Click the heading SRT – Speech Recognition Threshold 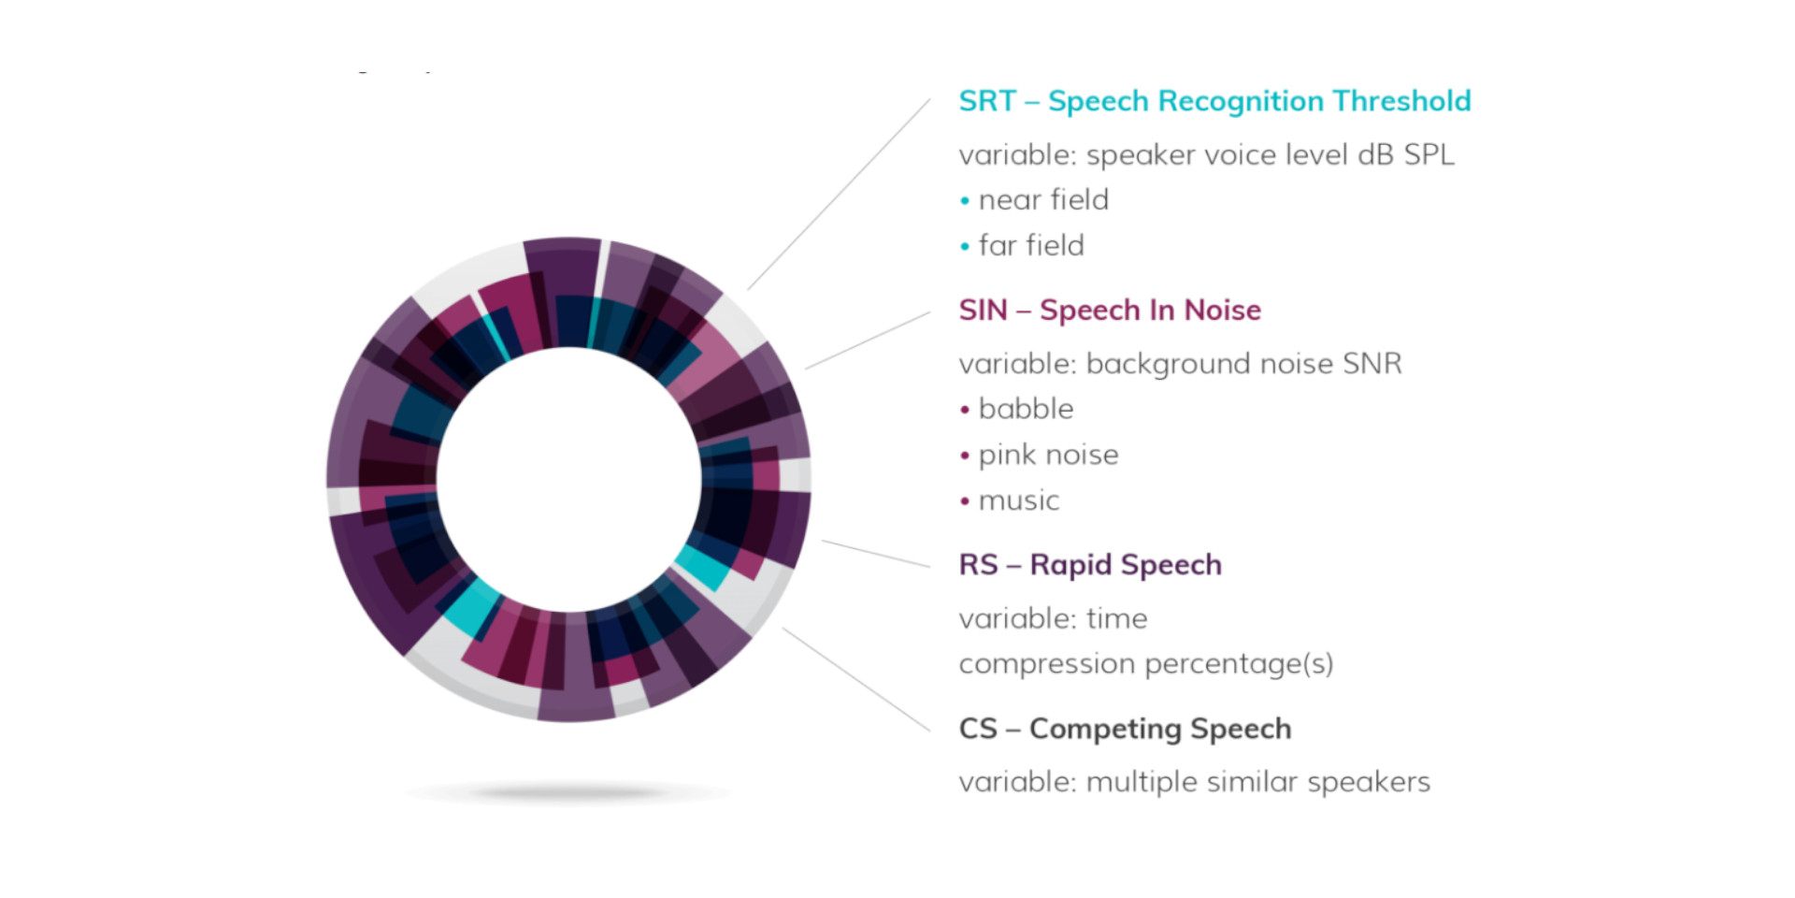pos(1214,101)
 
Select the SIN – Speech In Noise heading pos(1110,310)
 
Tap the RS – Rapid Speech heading pos(1090,565)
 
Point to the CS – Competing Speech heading pos(1125,729)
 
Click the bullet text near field pos(1043,200)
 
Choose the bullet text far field pos(1031,246)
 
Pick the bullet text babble pos(1026,409)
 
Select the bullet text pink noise pos(1048,456)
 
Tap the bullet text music pos(1019,501)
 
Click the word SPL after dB pos(1429,154)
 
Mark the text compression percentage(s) pos(1146,664)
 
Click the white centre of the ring pos(568,479)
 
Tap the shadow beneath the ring pos(568,794)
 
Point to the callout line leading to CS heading pos(856,679)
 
